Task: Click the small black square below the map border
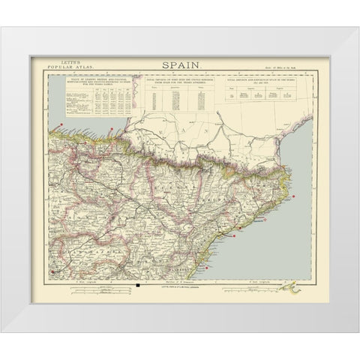click(139, 284)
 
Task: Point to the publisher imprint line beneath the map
click(179, 286)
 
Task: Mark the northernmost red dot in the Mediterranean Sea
click(299, 197)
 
